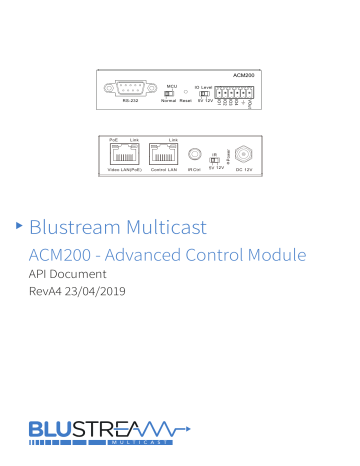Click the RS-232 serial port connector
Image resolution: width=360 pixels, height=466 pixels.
click(x=130, y=87)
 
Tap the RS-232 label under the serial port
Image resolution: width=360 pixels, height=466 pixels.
click(x=130, y=100)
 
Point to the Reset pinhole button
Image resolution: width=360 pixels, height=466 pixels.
click(x=186, y=91)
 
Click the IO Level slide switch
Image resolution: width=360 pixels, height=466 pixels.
click(x=204, y=91)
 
